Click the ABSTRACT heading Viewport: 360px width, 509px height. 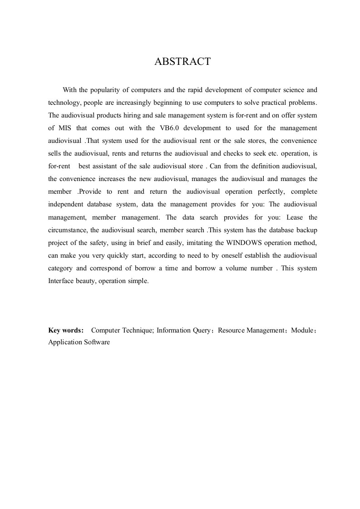pos(182,62)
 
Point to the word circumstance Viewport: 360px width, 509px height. pos(67,230)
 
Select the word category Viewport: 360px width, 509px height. pos(61,268)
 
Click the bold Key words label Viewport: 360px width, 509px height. pos(66,330)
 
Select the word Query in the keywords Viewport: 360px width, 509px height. pos(202,330)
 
